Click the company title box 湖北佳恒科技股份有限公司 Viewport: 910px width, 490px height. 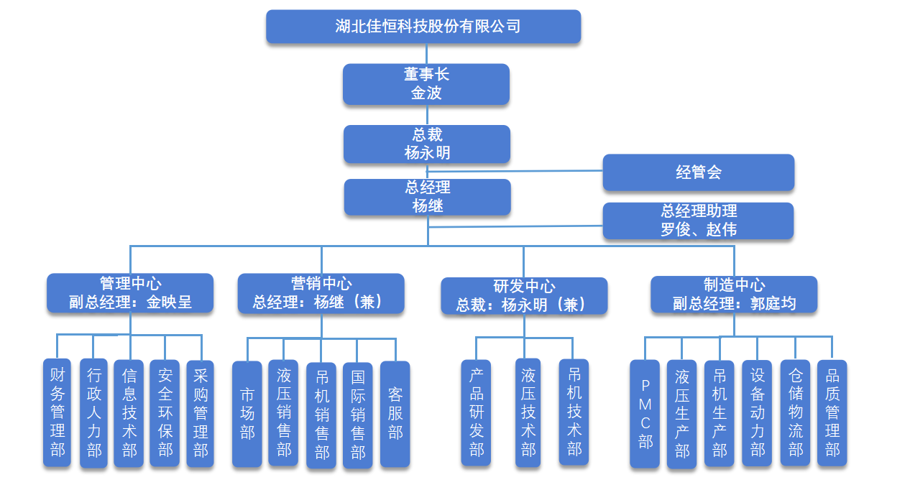423,27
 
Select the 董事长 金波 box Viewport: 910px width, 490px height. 426,84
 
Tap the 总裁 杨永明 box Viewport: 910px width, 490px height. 426,144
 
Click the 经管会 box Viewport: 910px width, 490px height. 698,172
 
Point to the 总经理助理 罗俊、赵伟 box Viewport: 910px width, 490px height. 698,221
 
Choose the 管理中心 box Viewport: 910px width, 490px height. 130,292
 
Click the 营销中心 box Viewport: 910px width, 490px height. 321,293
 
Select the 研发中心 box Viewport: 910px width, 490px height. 524,296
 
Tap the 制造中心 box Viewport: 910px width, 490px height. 734,295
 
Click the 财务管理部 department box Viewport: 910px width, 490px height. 58,412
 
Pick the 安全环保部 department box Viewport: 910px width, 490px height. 165,412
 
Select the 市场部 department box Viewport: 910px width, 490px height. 247,414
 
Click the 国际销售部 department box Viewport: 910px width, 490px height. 357,415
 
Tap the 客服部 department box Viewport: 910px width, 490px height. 395,414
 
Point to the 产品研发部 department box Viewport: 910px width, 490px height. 476,412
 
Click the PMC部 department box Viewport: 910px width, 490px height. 645,414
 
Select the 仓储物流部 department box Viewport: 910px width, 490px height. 795,412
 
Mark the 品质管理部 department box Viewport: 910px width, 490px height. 832,412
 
